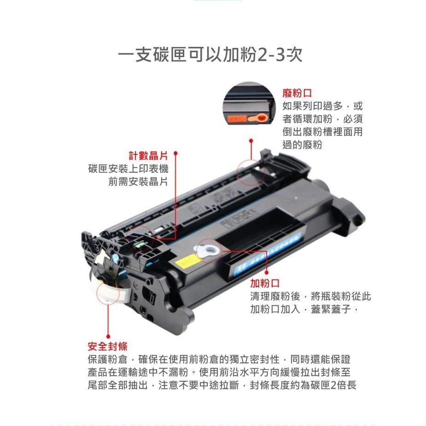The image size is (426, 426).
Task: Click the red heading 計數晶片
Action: pos(148,155)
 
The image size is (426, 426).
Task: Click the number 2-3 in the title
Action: pos(272,56)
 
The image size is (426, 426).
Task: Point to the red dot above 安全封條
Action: pos(107,336)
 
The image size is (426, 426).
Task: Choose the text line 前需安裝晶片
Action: pos(138,181)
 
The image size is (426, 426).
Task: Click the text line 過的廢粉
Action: pos(302,145)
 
